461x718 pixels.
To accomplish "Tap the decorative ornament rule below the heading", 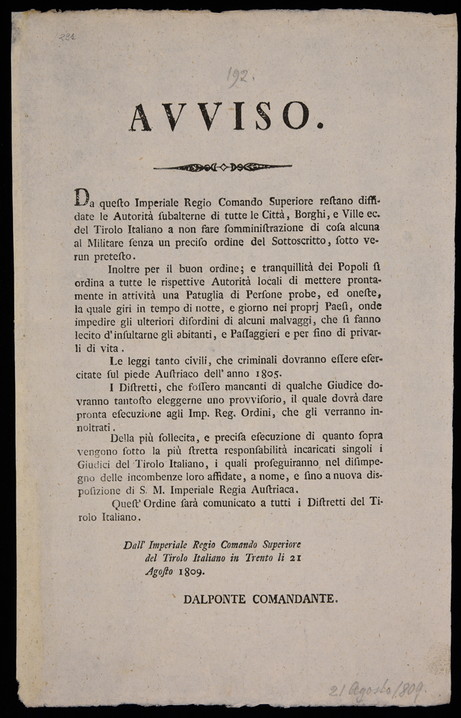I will (x=223, y=166).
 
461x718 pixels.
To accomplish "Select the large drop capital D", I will (x=81, y=200).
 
